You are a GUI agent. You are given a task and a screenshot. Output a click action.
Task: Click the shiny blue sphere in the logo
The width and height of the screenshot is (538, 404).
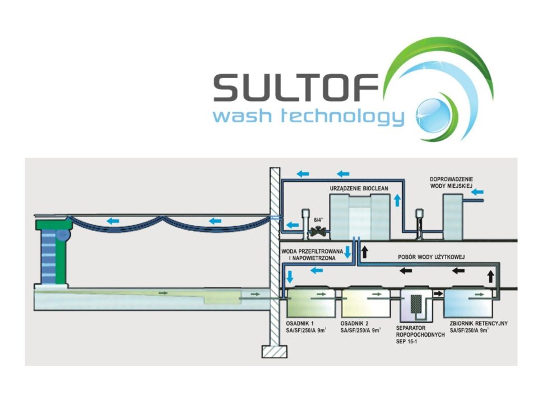435,113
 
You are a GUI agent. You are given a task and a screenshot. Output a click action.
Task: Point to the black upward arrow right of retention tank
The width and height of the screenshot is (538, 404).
491,276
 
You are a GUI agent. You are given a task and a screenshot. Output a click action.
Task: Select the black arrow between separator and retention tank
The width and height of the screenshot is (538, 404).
437,293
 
